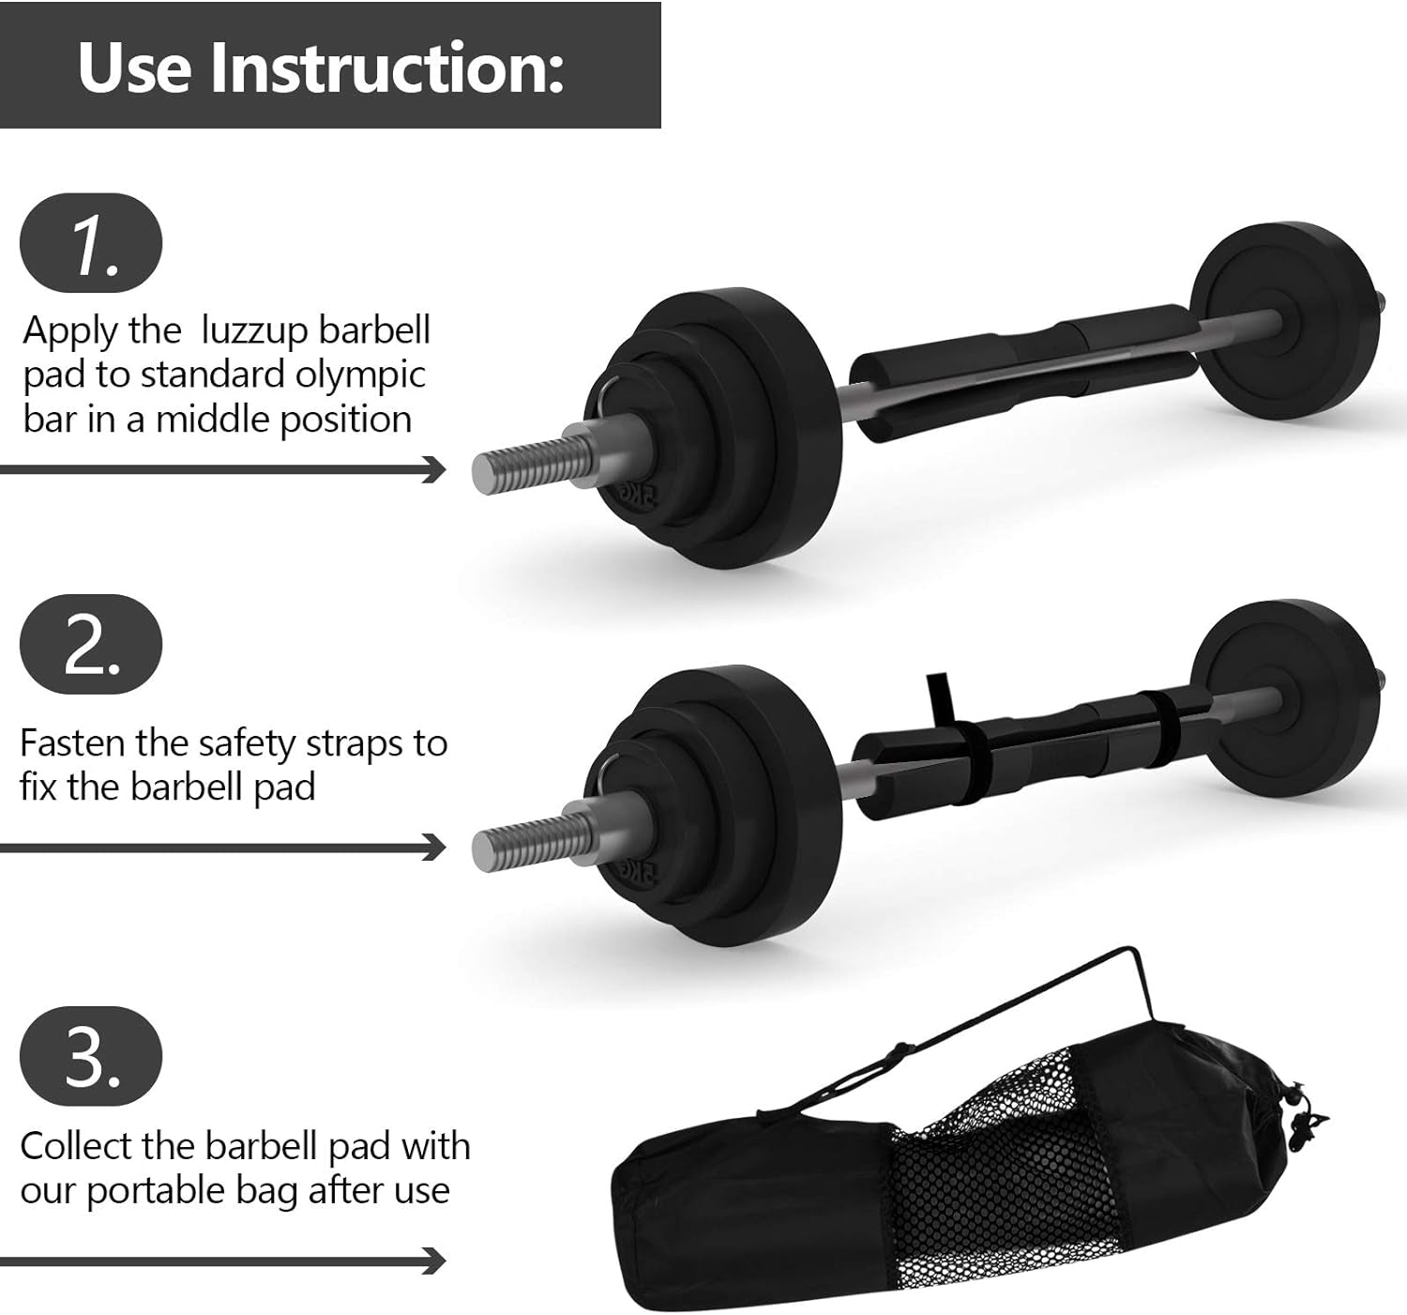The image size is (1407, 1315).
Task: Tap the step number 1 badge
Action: click(91, 242)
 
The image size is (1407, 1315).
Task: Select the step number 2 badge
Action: click(91, 644)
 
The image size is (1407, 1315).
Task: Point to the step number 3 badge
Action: click(91, 1056)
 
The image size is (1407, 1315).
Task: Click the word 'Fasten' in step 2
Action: click(72, 743)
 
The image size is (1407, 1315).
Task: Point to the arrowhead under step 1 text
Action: click(433, 469)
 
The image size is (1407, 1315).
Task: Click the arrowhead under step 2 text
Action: click(433, 848)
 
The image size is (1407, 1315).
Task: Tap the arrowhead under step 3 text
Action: click(433, 1261)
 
